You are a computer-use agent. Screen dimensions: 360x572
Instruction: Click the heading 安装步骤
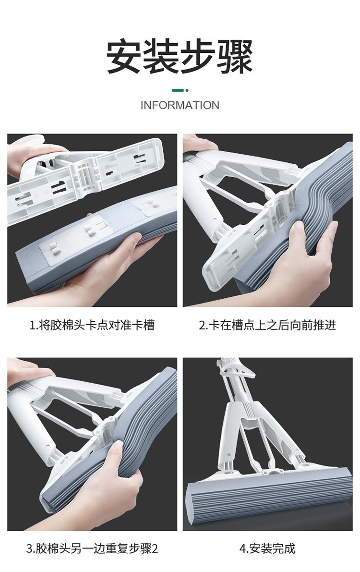pos(180,57)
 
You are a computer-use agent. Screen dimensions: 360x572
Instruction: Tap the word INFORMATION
pos(180,105)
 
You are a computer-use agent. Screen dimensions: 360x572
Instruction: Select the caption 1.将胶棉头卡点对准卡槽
pos(92,325)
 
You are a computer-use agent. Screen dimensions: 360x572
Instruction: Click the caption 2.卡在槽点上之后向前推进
pos(267,325)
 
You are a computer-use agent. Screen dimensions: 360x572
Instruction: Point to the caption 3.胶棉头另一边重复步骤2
pos(92,548)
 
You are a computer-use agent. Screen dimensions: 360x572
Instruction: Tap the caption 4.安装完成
pos(267,548)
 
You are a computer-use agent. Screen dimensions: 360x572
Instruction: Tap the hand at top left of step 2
pos(199,144)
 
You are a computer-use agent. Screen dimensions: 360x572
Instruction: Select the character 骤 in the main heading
pos(236,57)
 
